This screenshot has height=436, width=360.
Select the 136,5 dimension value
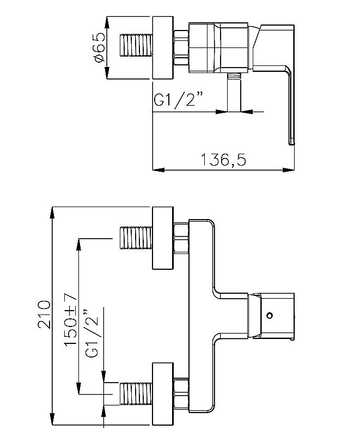click(223, 160)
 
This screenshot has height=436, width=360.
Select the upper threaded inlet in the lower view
click(136, 238)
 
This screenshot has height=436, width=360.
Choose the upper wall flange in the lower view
click(162, 238)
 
